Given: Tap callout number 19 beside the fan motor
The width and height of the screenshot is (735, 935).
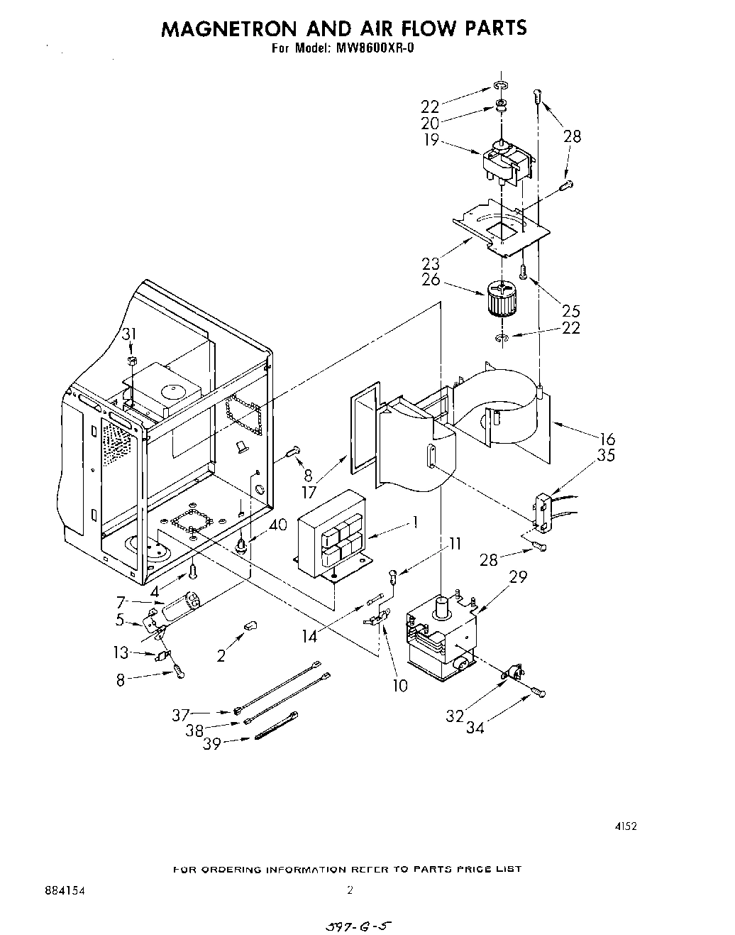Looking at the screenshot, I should (431, 141).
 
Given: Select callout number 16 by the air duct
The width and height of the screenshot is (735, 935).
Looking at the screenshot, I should (607, 439).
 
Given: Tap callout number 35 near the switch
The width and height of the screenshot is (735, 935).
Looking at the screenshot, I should (607, 456).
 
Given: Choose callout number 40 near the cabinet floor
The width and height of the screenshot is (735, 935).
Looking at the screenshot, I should (279, 526).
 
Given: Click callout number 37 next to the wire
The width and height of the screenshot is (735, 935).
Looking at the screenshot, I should (181, 715).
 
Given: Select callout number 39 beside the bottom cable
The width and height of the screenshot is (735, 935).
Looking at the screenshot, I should (212, 743).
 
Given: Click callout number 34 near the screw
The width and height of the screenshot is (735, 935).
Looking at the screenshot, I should (475, 728).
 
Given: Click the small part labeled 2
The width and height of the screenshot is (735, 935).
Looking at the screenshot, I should (250, 625).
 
